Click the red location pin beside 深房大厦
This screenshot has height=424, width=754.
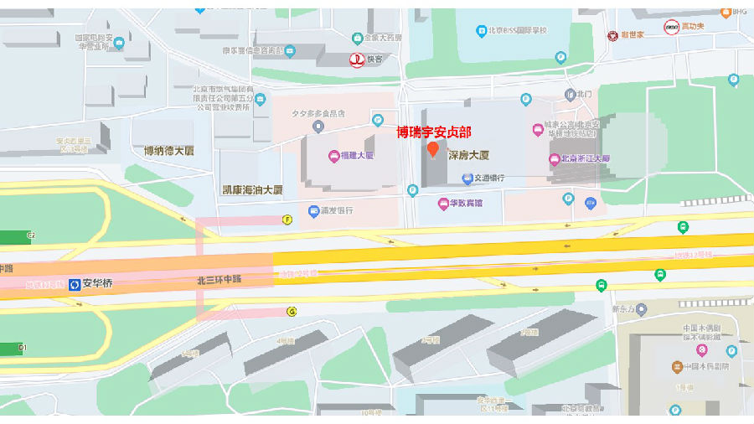tap(432, 150)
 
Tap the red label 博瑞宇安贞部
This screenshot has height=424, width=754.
tap(433, 132)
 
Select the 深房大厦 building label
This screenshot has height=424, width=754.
tap(468, 155)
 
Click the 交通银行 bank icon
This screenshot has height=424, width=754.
tap(467, 178)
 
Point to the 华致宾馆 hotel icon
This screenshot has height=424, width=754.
tap(443, 203)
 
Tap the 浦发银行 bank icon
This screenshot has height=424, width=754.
tap(313, 211)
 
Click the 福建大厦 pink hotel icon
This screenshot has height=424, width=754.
tap(332, 156)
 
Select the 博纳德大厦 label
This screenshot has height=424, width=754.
tap(168, 151)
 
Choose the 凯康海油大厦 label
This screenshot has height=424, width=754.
tap(252, 189)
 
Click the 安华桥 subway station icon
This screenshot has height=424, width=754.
tap(75, 284)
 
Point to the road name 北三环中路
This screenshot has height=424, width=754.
tap(219, 279)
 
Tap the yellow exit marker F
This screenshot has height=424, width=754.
tap(287, 220)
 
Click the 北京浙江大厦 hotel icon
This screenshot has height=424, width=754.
tap(554, 158)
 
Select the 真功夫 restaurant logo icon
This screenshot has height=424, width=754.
tap(671, 27)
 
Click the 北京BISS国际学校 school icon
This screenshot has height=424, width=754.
tap(482, 31)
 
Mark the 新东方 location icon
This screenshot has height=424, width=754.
tap(641, 309)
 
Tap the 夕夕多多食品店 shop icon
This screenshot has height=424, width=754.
tap(318, 127)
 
